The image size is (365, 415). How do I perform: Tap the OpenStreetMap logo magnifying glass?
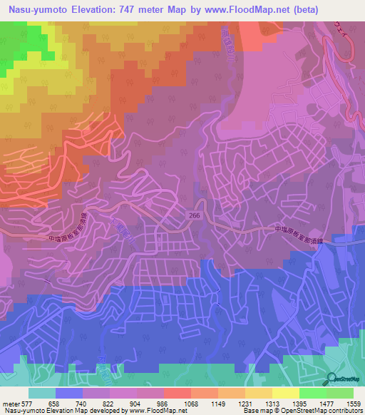pos(331,381)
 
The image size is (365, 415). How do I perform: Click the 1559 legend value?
pos(354,404)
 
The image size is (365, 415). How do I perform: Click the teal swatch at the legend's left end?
pos(42,393)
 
